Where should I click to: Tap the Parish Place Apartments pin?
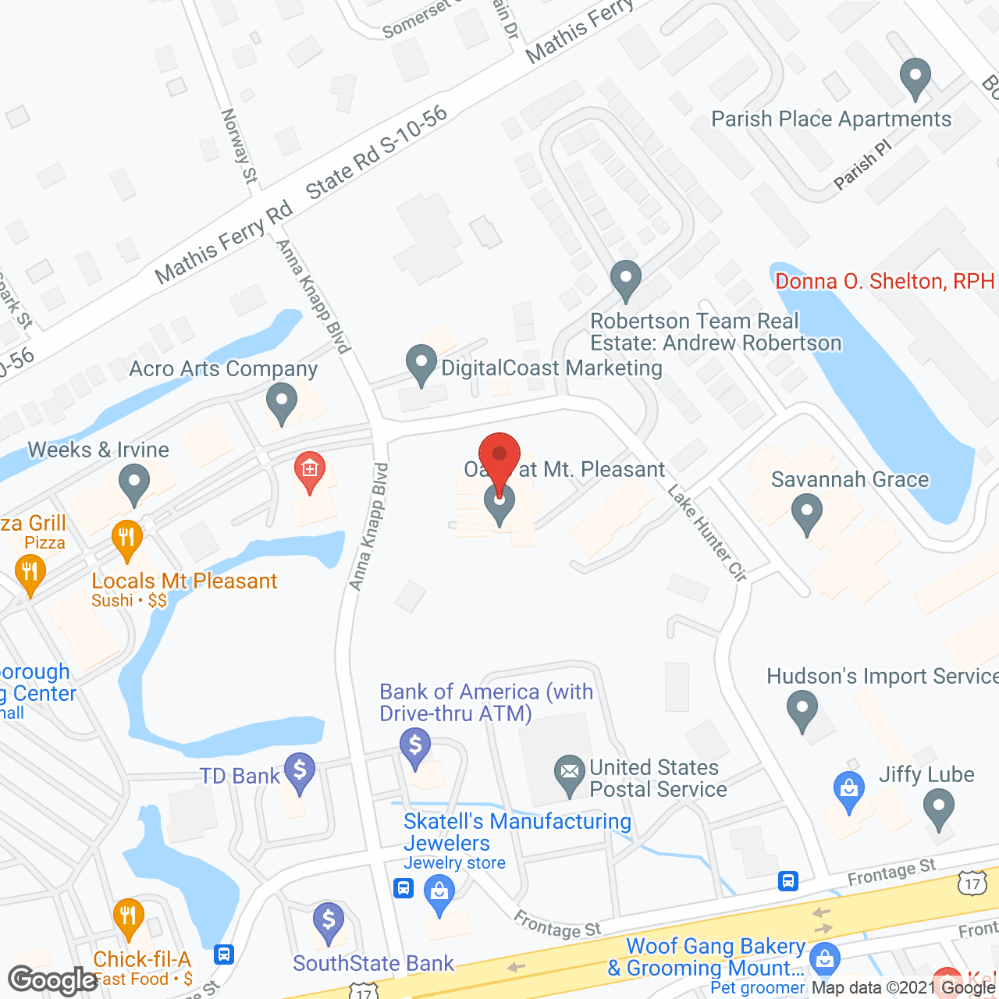[x=915, y=77]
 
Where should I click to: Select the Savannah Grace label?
[x=850, y=479]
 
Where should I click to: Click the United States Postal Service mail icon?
[x=570, y=773]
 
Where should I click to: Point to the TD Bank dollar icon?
[x=300, y=771]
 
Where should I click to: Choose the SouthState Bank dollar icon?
[x=329, y=921]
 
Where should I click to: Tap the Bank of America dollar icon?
[x=415, y=746]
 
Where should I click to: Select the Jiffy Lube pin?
[x=938, y=807]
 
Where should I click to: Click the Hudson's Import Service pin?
[x=802, y=709]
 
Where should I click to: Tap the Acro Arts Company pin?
[x=282, y=401]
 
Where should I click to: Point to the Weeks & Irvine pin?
[x=134, y=482]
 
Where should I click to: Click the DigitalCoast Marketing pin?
[x=421, y=364]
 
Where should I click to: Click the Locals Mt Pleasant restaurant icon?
[x=126, y=538]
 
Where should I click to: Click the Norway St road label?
[x=240, y=146]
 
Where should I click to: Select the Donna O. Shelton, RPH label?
[x=884, y=281]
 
